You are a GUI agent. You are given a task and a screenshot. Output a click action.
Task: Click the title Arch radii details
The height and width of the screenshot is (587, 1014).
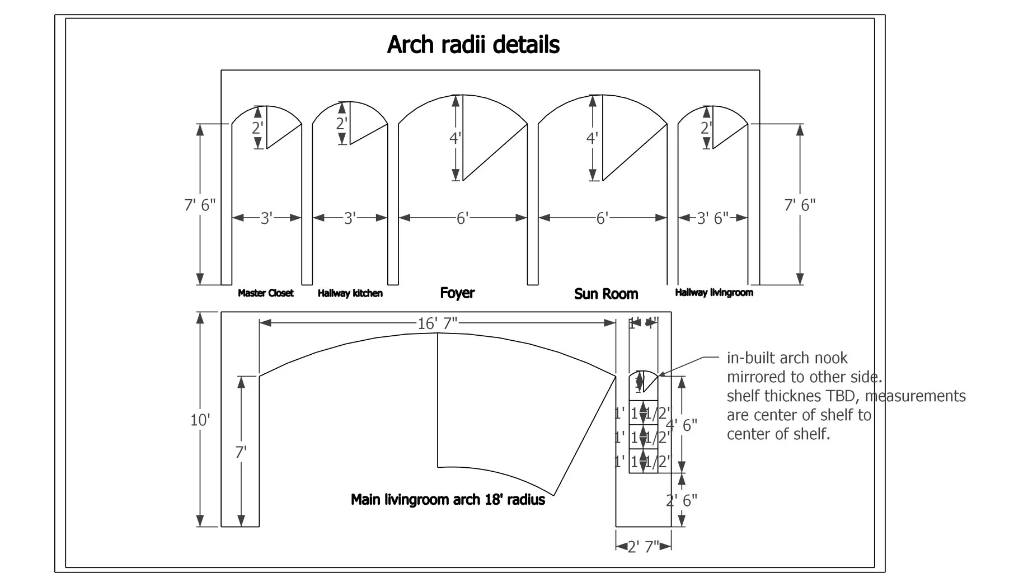click(473, 45)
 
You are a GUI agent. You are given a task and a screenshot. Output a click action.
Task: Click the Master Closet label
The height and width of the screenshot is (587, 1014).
click(265, 293)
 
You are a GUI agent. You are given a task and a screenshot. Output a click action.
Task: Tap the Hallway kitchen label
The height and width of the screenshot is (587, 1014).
click(350, 293)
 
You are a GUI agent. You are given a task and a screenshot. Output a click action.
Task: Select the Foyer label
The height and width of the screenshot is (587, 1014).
click(457, 293)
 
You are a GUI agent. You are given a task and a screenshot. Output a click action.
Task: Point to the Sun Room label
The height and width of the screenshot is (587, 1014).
click(605, 294)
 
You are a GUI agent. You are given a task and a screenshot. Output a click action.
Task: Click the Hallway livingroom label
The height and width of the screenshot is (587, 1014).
click(713, 292)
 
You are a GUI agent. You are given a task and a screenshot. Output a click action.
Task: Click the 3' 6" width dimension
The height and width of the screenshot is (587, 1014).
click(712, 218)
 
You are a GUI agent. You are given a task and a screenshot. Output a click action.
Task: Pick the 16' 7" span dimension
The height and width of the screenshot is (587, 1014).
click(437, 323)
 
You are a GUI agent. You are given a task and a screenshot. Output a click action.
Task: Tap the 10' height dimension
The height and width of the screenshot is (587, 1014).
click(199, 420)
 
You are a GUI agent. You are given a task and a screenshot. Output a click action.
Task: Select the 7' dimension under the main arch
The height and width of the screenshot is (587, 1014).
click(241, 452)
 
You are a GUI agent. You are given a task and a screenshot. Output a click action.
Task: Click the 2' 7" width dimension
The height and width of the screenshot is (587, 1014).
click(643, 547)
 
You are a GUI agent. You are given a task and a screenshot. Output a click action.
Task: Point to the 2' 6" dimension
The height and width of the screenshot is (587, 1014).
click(682, 500)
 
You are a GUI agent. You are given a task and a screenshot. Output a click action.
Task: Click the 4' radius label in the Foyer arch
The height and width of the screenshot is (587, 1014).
click(455, 138)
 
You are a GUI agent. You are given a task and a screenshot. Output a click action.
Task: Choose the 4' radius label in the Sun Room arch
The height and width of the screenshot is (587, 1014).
click(592, 138)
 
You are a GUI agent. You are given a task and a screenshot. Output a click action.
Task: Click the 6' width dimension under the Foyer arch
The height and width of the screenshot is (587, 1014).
click(462, 218)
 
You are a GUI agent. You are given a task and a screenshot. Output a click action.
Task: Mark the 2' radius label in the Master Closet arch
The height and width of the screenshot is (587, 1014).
click(257, 128)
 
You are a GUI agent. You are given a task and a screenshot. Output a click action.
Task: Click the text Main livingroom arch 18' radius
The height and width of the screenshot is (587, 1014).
click(448, 499)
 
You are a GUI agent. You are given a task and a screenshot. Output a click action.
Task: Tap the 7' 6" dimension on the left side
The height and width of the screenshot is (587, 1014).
click(200, 205)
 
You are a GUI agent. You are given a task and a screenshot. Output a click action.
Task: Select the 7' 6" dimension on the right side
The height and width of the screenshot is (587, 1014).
click(800, 205)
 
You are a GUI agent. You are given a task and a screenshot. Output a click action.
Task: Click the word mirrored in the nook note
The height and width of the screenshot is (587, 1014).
click(754, 377)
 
